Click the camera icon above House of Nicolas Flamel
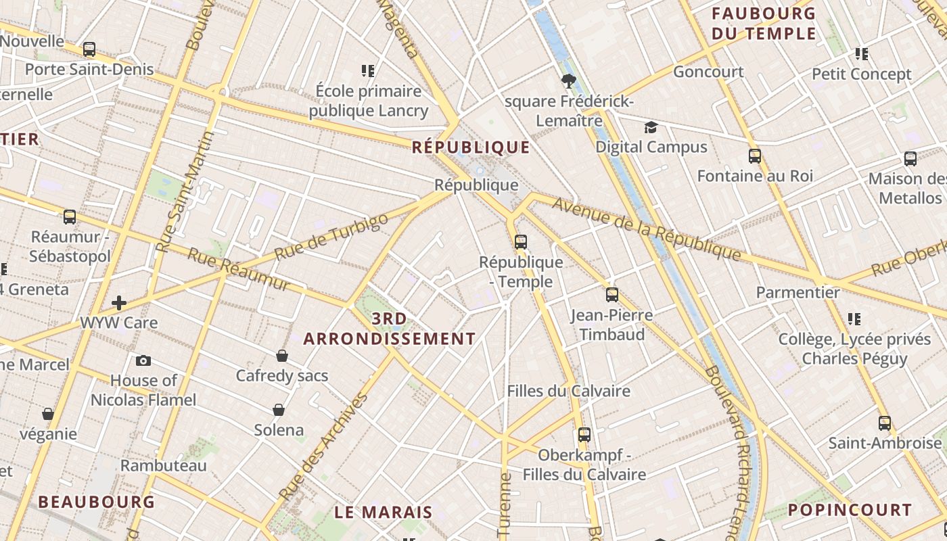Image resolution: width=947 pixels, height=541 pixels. point(143,360)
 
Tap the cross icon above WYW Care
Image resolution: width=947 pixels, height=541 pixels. point(120,302)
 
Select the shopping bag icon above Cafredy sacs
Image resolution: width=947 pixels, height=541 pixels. point(282,356)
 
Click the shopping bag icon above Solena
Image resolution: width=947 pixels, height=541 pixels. point(278,410)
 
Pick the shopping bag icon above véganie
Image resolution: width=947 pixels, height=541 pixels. point(48,413)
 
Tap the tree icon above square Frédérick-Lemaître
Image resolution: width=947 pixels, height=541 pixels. point(568,81)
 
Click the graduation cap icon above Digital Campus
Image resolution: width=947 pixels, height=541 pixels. point(651,127)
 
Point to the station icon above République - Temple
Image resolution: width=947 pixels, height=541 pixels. point(520,241)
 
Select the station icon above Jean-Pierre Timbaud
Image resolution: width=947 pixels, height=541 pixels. point(611,294)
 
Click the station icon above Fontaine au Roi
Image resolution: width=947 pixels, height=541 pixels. point(755,156)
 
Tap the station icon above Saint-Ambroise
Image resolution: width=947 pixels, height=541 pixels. point(884,423)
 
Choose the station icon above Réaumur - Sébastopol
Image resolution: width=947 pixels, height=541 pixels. point(70,217)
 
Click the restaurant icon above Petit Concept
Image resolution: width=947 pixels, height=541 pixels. point(861,53)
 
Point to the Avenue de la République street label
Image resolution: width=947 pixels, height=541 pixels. point(647,229)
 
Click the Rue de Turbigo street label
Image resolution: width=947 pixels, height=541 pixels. point(331,237)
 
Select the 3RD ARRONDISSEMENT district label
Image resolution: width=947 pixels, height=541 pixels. point(390,329)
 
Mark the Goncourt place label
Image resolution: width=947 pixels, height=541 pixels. point(708,72)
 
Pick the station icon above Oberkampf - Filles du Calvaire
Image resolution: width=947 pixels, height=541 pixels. point(584,434)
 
